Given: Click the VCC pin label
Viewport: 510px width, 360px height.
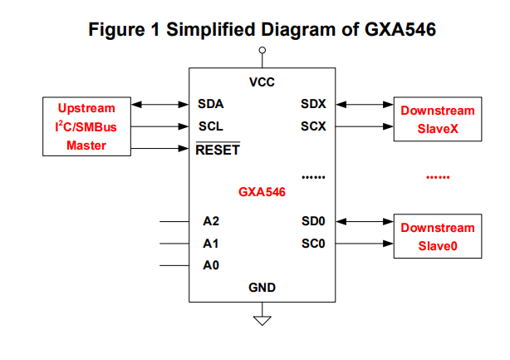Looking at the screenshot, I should click(262, 82).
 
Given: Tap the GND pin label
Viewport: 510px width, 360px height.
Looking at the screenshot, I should click(262, 288).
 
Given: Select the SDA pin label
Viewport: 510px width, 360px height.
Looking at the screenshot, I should click(211, 105).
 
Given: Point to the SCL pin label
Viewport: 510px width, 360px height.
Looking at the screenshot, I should click(210, 127).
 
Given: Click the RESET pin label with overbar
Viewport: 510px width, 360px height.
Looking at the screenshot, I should click(217, 150).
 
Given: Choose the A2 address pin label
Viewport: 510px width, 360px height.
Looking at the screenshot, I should click(211, 222).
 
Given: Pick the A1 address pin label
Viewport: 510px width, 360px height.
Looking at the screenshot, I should click(211, 244).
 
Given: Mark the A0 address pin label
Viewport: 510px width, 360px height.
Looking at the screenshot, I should click(211, 266).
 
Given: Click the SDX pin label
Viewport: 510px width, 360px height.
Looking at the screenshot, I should click(313, 105).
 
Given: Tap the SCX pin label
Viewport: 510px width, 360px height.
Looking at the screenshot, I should click(313, 127).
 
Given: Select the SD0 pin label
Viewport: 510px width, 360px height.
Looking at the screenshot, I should click(313, 222).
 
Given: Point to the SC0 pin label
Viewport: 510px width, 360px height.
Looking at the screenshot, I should click(313, 244).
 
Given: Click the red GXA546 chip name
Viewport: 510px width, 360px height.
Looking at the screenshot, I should click(262, 192).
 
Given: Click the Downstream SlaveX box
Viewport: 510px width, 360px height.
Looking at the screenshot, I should click(438, 121).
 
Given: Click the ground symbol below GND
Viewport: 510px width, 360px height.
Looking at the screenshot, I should click(262, 318).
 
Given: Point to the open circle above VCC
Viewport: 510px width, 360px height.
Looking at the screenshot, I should click(262, 51).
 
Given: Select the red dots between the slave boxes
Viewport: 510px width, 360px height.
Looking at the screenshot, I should click(437, 178).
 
